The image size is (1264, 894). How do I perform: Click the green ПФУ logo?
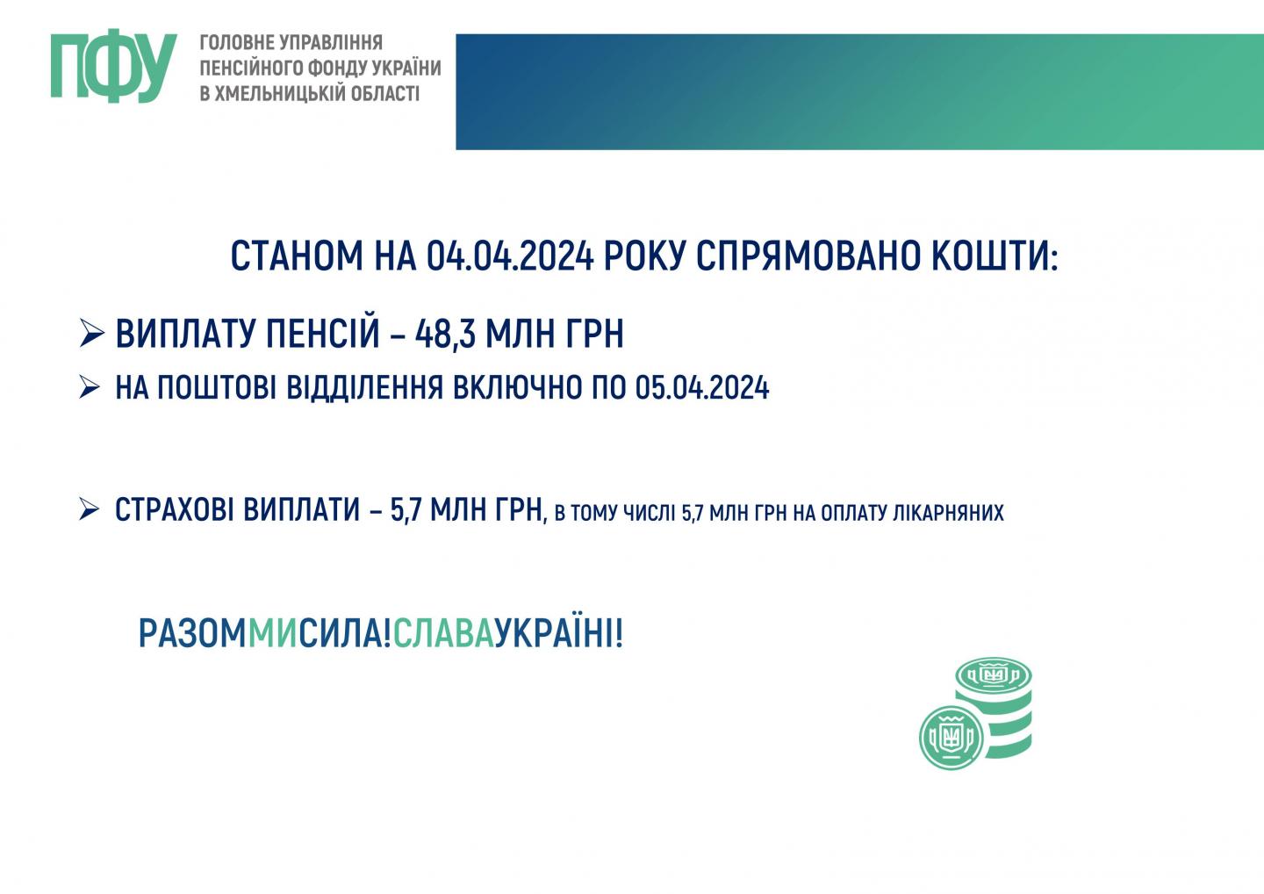[x=114, y=66]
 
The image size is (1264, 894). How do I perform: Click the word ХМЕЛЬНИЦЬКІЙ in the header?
[x=281, y=93]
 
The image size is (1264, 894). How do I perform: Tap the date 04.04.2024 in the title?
[x=509, y=256]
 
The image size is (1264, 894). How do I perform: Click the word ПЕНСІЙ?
[x=322, y=334]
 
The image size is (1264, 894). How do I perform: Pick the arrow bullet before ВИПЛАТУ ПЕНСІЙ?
[x=92, y=333]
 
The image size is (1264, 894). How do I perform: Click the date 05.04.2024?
[x=702, y=388]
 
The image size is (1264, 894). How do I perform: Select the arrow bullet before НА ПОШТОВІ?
[x=90, y=388]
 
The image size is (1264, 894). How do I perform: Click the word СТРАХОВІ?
[x=174, y=510]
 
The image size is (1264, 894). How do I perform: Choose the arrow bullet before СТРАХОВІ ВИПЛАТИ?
[x=90, y=509]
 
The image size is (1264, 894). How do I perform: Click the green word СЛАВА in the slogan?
[x=443, y=634]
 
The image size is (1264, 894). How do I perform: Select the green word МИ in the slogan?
[x=272, y=634]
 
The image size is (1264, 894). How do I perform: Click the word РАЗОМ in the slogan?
[x=192, y=634]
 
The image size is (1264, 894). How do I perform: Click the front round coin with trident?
[x=952, y=738]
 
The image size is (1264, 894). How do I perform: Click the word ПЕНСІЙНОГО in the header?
[x=253, y=68]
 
